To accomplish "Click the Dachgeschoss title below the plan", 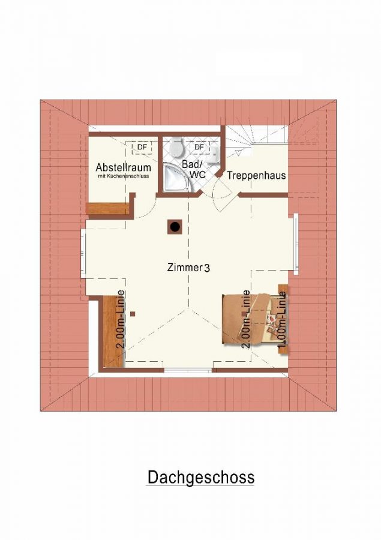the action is click(201, 478).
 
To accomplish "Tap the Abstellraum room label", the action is click(124, 167).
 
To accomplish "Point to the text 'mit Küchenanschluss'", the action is click(123, 176).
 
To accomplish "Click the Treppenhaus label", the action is click(256, 175).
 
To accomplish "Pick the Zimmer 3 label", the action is click(188, 268).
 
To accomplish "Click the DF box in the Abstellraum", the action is click(142, 147).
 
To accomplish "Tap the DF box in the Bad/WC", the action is click(199, 147).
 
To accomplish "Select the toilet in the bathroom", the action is click(177, 146).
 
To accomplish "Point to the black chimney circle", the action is click(175, 227).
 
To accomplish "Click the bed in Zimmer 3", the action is click(254, 318).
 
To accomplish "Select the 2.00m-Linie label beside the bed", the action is click(246, 320).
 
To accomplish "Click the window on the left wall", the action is click(83, 253).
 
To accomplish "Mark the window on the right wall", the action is click(296, 243).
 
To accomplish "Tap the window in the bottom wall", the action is click(188, 371).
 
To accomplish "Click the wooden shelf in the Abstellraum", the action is click(107, 208).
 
